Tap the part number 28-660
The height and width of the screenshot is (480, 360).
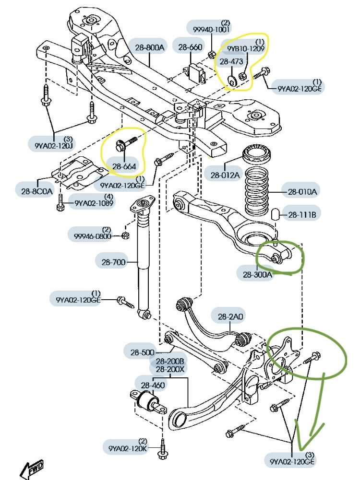(191, 47)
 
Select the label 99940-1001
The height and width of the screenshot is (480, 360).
(211, 29)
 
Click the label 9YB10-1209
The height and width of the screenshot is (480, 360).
(243, 48)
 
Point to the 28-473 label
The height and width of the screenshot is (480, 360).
(231, 61)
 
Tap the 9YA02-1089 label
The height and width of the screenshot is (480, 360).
(94, 203)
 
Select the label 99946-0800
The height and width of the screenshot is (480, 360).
(93, 236)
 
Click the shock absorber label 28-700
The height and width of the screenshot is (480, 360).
(113, 262)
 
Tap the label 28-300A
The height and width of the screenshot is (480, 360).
(257, 274)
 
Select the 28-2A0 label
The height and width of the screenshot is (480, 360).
(230, 316)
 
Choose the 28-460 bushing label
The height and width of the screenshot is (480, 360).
(153, 385)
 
